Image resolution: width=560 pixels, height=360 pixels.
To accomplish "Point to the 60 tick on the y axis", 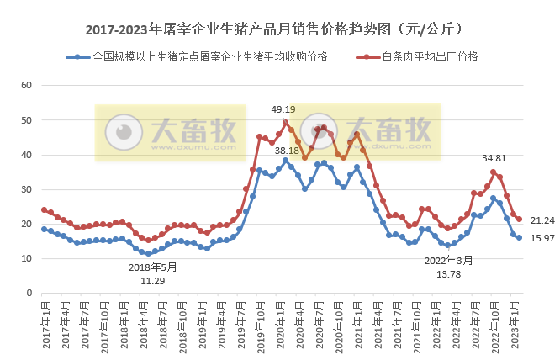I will click(25, 86).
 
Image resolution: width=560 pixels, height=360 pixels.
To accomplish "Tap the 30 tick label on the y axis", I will click(25, 189).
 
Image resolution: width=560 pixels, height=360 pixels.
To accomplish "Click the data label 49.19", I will click(283, 109).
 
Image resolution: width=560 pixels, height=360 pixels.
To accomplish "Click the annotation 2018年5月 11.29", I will click(152, 273).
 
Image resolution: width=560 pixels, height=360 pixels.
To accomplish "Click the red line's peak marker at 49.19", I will click(285, 123).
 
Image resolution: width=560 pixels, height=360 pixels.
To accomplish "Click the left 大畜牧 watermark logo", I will click(169, 132).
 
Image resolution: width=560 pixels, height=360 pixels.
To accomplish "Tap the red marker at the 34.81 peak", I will click(493, 172).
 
